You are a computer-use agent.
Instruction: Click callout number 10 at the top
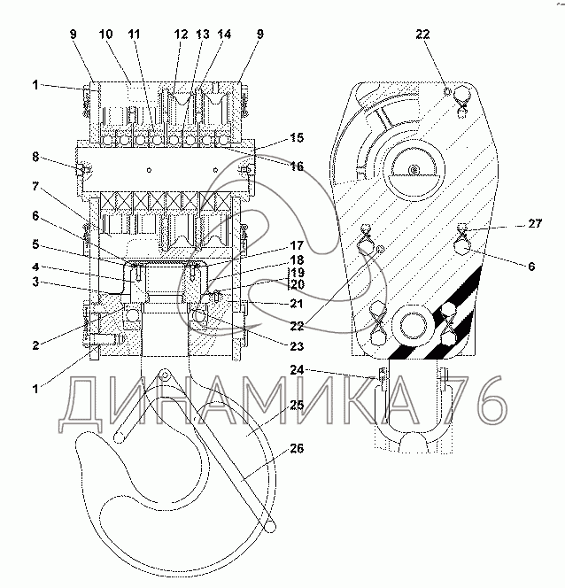click(x=105, y=35)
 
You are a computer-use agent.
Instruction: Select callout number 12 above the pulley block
click(x=181, y=35)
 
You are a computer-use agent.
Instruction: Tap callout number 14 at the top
click(x=224, y=35)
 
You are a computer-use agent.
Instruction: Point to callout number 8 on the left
click(x=35, y=157)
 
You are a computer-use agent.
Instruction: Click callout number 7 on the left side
click(x=35, y=186)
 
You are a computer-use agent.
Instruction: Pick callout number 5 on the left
click(x=35, y=245)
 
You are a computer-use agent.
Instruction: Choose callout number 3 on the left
click(x=35, y=282)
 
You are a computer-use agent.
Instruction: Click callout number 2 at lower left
click(x=35, y=345)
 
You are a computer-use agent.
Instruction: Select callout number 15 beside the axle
click(x=297, y=137)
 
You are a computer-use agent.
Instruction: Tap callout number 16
click(x=297, y=166)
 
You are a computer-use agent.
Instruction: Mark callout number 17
click(x=297, y=245)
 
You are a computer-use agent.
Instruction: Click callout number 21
click(x=297, y=304)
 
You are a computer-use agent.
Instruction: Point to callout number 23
click(x=297, y=345)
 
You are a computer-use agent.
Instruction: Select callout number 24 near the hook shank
click(x=297, y=370)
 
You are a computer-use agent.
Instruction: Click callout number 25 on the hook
click(x=297, y=405)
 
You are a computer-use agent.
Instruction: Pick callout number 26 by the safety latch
click(x=297, y=448)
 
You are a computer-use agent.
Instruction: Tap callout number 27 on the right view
click(x=535, y=223)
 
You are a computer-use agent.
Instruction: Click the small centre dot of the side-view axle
click(x=414, y=170)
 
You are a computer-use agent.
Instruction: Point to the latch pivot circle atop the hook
click(x=164, y=374)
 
